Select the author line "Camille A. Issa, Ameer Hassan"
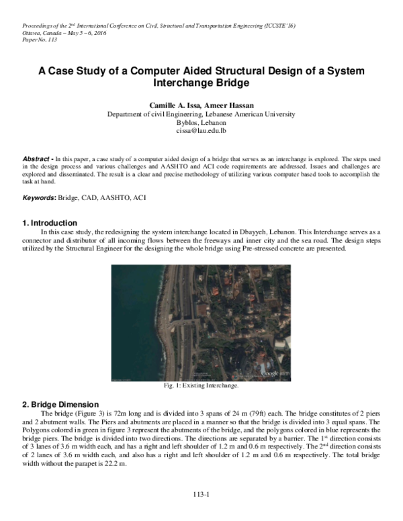(201, 106)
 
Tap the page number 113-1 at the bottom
(201, 495)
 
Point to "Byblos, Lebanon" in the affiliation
(201, 124)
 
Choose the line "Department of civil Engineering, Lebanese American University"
(201, 115)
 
